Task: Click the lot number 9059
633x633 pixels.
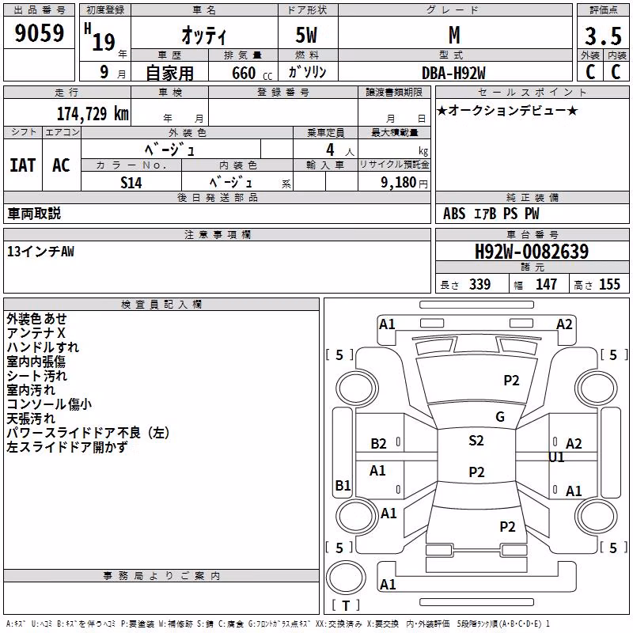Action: [x=39, y=33]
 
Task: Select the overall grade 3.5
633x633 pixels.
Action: [x=603, y=36]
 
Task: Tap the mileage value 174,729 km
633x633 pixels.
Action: [x=93, y=114]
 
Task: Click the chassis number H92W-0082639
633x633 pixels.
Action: [x=532, y=252]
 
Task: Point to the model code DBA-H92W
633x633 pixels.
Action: [x=453, y=73]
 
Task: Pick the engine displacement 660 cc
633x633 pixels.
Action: [x=252, y=74]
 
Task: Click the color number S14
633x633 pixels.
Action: [x=131, y=183]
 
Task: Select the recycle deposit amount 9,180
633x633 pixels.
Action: [x=399, y=183]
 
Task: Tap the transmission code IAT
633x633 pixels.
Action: [x=23, y=165]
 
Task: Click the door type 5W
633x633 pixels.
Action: [x=306, y=35]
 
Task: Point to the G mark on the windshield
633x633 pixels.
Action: [x=500, y=417]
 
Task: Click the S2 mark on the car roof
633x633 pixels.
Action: [x=476, y=441]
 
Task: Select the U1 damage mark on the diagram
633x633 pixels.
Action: [x=556, y=457]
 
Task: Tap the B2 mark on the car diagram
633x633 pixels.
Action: [x=378, y=444]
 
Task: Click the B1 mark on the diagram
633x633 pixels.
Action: [x=343, y=485]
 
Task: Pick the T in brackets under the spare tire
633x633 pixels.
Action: [x=346, y=605]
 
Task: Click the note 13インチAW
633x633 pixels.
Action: [x=40, y=252]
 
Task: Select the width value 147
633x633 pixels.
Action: [x=546, y=284]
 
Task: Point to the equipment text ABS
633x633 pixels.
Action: [x=454, y=214]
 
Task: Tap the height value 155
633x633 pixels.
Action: [x=609, y=284]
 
